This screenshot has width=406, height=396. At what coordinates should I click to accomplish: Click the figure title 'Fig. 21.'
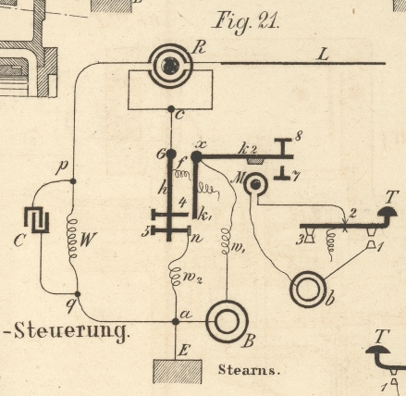point(246,21)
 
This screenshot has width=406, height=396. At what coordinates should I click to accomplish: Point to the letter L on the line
point(323,56)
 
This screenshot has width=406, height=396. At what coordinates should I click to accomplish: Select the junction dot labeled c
point(171,109)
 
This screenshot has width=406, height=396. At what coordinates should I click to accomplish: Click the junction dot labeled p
point(73,181)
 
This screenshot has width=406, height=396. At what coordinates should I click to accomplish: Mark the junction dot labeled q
point(78,294)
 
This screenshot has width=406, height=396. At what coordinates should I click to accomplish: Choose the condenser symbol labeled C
point(37,219)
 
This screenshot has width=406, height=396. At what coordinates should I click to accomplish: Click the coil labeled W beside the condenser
point(73,240)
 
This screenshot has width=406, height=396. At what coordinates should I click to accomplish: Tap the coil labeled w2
point(175,276)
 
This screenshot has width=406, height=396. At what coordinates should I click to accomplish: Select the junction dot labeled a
point(176,322)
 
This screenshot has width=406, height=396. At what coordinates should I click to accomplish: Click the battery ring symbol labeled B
point(227,321)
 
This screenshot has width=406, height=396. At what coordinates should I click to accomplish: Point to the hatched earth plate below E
point(178,371)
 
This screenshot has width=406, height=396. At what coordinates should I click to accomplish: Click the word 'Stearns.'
point(249,370)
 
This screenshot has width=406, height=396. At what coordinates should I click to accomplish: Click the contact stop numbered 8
point(283,146)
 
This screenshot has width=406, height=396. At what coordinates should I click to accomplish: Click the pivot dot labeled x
point(196,156)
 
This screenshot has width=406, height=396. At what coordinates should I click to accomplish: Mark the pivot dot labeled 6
point(170,154)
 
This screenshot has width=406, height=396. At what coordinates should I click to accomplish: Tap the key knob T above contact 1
point(388,212)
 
